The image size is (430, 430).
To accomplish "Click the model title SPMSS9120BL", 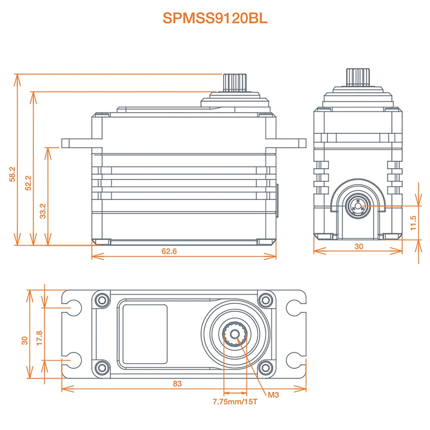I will point(215,18).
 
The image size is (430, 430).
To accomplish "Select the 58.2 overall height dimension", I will point(12,174).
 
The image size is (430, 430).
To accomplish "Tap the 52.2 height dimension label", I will point(28,183).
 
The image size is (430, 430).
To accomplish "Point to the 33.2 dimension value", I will point(43,211).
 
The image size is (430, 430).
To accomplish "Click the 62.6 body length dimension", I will point(169,251).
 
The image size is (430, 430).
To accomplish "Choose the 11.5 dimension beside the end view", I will point(413,223).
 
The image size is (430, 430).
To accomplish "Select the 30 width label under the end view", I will point(359,246).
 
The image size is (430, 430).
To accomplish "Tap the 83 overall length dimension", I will point(177,384).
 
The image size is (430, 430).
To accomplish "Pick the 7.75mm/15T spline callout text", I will point(235,402).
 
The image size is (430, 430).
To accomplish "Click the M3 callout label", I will point(273,395).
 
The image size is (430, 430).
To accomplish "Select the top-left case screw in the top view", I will point(102,300).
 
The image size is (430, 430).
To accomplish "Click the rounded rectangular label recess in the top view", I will point(145,334).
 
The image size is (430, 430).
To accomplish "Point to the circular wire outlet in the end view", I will point(358,206).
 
